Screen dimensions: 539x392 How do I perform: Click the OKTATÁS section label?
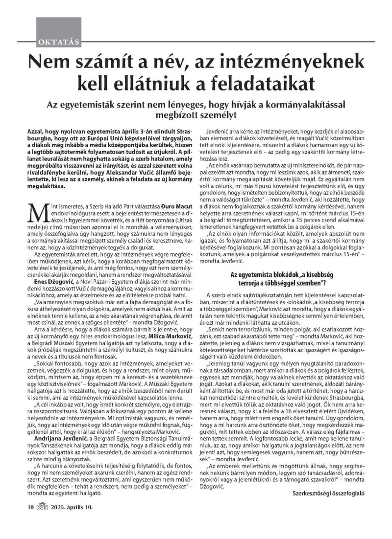click(x=58, y=41)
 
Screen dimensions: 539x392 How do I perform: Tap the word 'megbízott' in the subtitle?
click(x=183, y=115)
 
